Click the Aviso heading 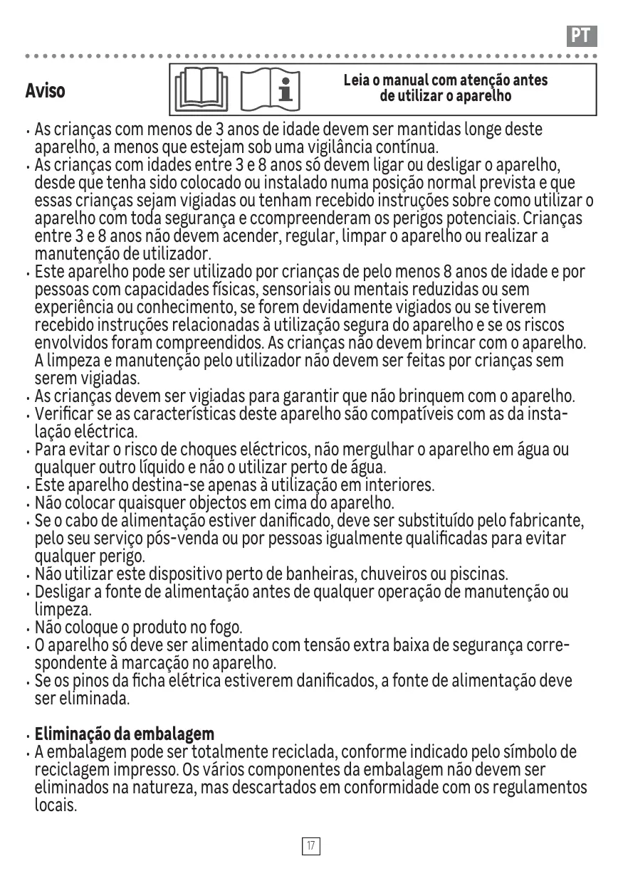click(x=45, y=91)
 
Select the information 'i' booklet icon click(x=271, y=90)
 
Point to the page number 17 click(x=311, y=846)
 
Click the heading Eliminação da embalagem click(x=125, y=734)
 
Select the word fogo click(x=226, y=628)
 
